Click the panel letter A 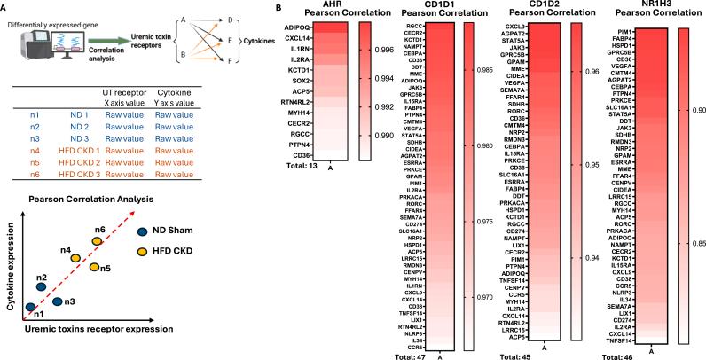(5, 6)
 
